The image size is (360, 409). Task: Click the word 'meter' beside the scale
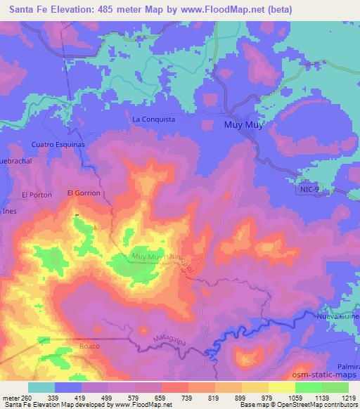(x=11, y=398)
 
